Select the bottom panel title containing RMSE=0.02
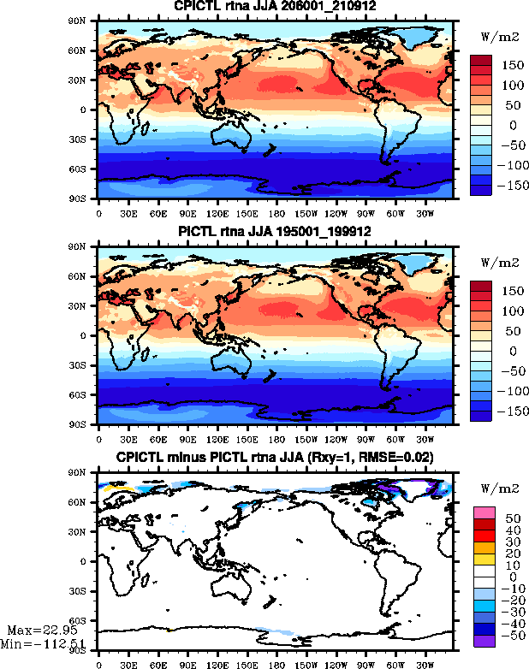[275, 458]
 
